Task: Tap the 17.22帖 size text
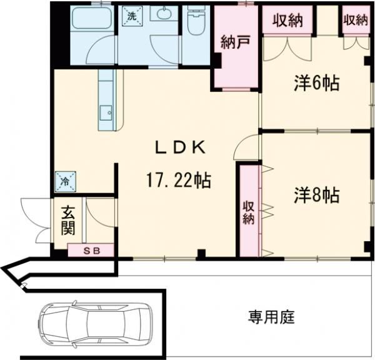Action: pos(179,181)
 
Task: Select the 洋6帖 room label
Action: pos(316,83)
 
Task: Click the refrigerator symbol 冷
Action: pos(66,182)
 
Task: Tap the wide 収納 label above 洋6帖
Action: pos(287,21)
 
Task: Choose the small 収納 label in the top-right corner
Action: pos(354,19)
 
